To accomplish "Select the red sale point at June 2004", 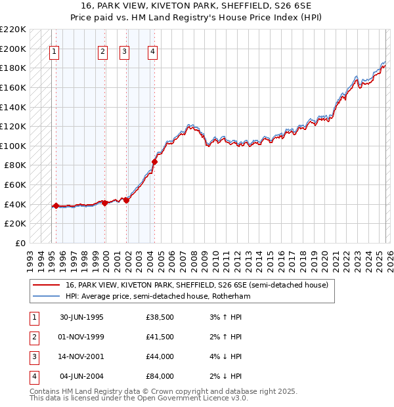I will coord(155,161).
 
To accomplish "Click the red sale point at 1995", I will coord(56,205).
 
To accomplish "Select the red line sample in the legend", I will coord(46,286).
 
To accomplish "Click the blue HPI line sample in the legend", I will coord(46,297).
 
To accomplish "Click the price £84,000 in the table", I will coord(160,377).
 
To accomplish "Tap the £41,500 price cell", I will coord(160,337).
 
